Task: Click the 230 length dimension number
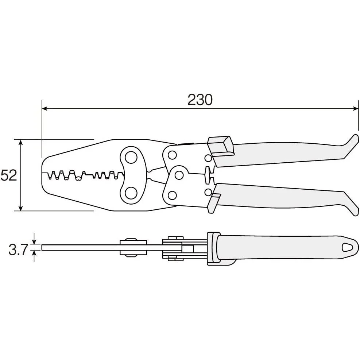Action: coord(200,100)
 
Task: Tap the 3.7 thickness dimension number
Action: coord(18,250)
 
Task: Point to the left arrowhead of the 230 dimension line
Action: coord(44,108)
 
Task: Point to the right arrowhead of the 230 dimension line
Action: coord(355,108)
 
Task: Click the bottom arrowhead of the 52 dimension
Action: coord(21,208)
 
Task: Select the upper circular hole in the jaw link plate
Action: coord(131,158)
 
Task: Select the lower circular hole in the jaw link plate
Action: coord(131,192)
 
